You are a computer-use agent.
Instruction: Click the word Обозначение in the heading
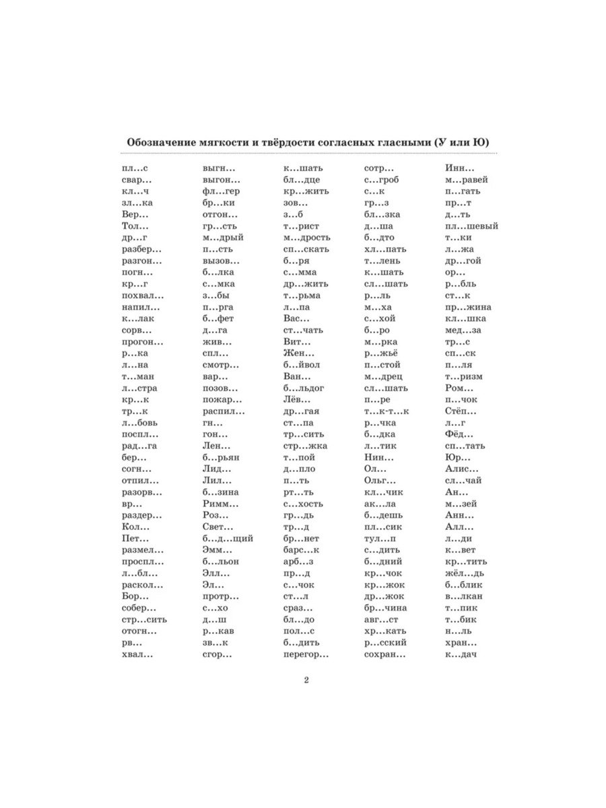159,141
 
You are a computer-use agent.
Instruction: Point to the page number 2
306,679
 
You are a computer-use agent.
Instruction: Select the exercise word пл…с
135,168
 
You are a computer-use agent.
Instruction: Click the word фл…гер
221,191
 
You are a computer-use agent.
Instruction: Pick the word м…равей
466,180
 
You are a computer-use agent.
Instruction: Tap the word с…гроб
382,180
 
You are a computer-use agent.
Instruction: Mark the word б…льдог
304,389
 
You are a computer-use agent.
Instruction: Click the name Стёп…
461,411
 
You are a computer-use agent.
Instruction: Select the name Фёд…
459,434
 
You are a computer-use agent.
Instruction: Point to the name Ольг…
380,481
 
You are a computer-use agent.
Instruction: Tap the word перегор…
306,654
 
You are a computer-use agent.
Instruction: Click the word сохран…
384,654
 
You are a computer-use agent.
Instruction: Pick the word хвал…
137,654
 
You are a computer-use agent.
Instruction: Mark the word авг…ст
382,619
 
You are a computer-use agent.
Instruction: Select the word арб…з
298,562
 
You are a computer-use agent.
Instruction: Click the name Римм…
220,504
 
